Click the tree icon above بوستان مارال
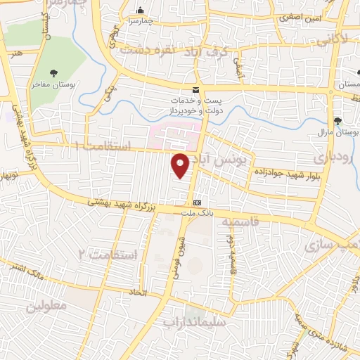[x=338, y=121]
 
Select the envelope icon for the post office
[x=195, y=90]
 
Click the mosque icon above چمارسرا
[x=141, y=11]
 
